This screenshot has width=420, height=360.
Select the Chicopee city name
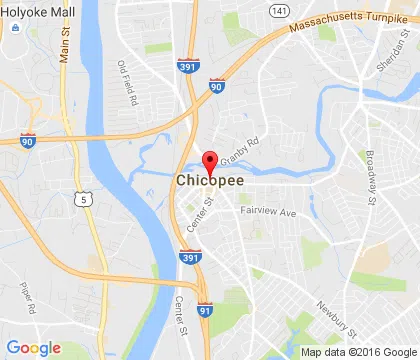pos(208,181)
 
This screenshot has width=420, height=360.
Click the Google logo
pos(34,348)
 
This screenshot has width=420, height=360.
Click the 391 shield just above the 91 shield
pos(192,257)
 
